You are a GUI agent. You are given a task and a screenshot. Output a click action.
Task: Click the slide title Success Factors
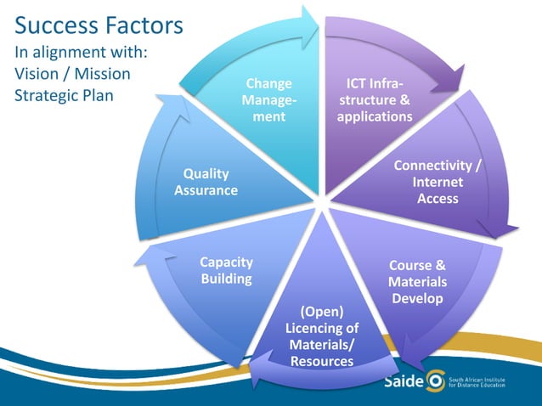coord(99,25)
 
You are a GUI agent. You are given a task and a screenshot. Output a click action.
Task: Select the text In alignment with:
coord(82,53)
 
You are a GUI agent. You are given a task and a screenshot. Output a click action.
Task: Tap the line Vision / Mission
coord(72,74)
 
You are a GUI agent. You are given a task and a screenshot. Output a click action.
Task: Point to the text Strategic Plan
coord(64,94)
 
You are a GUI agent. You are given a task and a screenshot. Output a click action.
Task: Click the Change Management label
coord(268,100)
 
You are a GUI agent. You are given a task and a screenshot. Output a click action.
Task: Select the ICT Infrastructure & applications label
coord(374,99)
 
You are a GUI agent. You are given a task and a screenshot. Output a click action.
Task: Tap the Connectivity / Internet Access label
coord(438,181)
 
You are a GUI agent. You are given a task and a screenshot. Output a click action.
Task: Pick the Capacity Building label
coord(226,270)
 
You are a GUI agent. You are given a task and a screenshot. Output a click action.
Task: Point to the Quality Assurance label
coord(206,182)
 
